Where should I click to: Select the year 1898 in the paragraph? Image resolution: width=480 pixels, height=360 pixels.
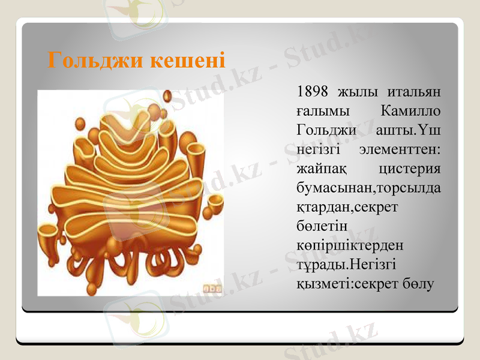(313, 92)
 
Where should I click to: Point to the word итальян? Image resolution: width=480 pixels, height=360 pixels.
(413, 92)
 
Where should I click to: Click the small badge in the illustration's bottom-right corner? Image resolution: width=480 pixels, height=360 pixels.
(212, 287)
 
